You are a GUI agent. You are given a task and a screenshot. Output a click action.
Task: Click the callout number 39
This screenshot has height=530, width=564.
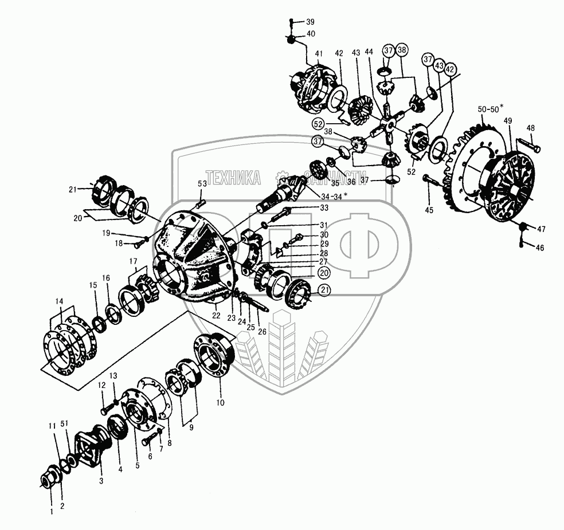tap(310, 22)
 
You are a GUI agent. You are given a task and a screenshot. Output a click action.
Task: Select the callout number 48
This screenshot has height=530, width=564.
tap(531, 128)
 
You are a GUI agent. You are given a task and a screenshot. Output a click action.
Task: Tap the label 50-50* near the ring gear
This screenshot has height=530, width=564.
tap(489, 108)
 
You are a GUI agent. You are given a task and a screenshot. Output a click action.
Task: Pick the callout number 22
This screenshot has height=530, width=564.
tap(216, 315)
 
